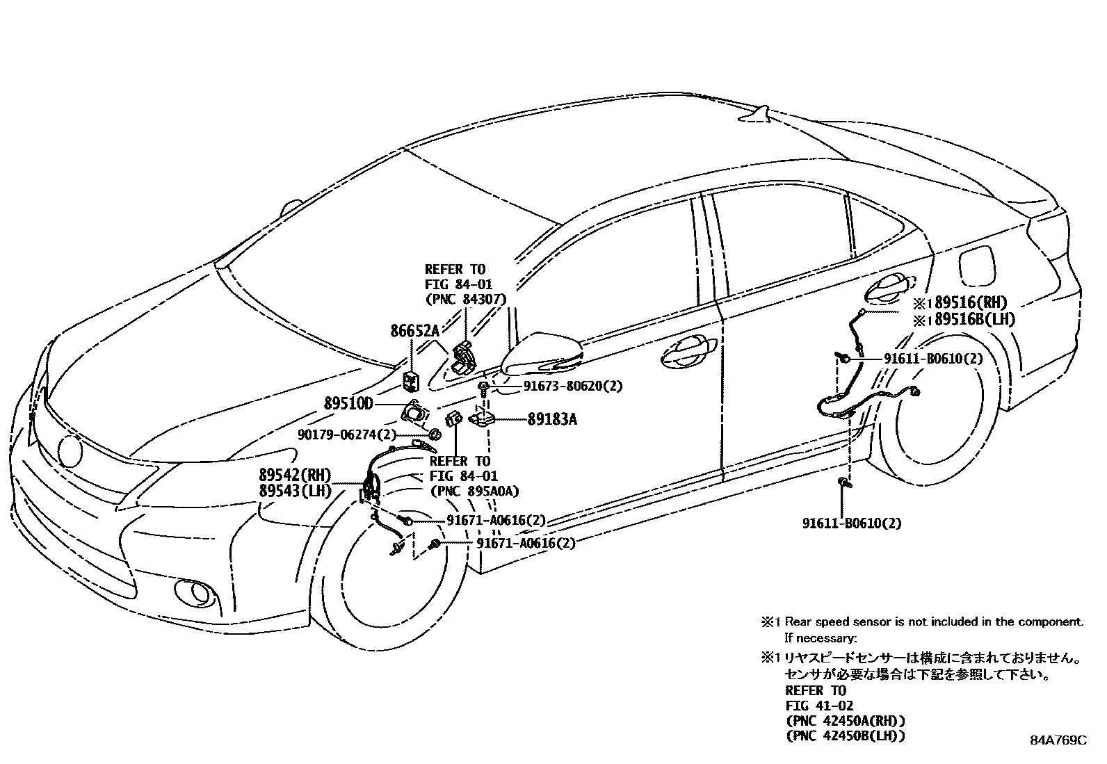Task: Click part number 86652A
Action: coord(415,332)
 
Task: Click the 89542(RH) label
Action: coord(295,476)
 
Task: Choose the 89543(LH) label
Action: coord(295,491)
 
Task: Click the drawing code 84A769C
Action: coord(1058,741)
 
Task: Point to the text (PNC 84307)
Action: coord(465,299)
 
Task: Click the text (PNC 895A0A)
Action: coord(475,491)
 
